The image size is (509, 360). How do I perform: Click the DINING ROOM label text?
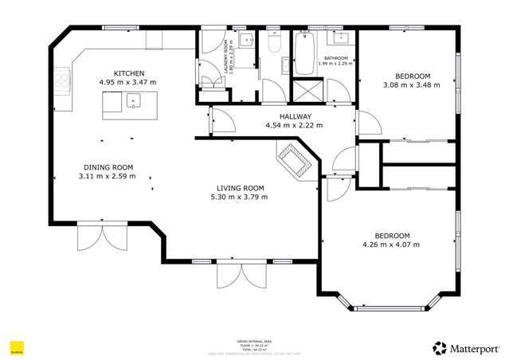point(108,167)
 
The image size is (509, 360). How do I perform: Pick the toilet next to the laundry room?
point(272,45)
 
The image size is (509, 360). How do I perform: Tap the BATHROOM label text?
point(334,57)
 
